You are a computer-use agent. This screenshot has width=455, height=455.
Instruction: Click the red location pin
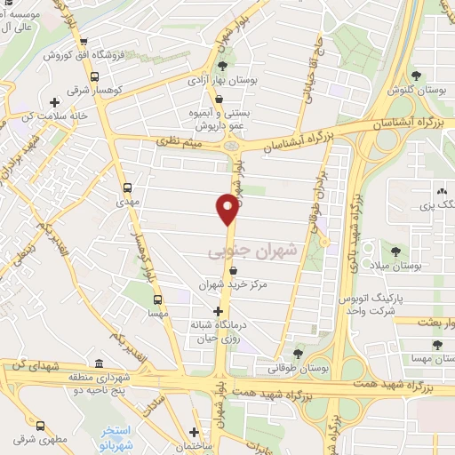coord(227,211)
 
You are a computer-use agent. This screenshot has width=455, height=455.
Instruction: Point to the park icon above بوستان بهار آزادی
coord(222,65)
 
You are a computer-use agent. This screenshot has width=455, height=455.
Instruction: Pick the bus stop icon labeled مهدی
coord(128,188)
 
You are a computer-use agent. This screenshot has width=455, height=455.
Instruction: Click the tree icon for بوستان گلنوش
coord(416,76)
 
